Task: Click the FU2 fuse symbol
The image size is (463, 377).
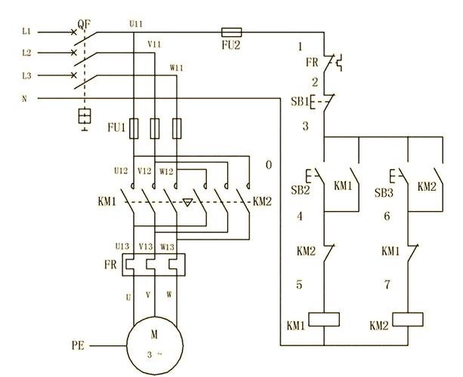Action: [x=231, y=32]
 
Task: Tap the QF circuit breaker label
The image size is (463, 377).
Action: [x=84, y=24]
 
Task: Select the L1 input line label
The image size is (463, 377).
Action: [x=26, y=31]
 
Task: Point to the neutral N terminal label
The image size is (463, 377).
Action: [x=24, y=99]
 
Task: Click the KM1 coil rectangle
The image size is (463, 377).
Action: [x=324, y=319]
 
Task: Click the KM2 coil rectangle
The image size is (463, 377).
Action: [x=408, y=319]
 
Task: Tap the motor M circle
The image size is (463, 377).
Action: [x=155, y=345]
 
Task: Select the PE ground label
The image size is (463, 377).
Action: [x=78, y=345]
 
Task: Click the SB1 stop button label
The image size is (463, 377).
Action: [x=299, y=101]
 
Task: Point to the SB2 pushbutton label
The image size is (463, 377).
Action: [x=301, y=190]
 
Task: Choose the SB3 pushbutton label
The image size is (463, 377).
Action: [x=384, y=193]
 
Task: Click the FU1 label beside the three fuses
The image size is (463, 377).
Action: [x=116, y=127]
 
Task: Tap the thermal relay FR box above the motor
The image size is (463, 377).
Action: [x=154, y=265]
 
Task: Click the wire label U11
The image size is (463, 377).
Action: [x=136, y=24]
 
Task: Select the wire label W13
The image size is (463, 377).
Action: [x=167, y=247]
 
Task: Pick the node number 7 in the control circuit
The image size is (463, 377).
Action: [x=387, y=284]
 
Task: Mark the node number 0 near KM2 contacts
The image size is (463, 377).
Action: [x=269, y=165]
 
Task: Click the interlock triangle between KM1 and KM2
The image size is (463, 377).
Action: [x=187, y=202]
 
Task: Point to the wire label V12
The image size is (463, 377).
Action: [x=144, y=171]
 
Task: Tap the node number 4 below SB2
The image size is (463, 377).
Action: [x=300, y=216]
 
